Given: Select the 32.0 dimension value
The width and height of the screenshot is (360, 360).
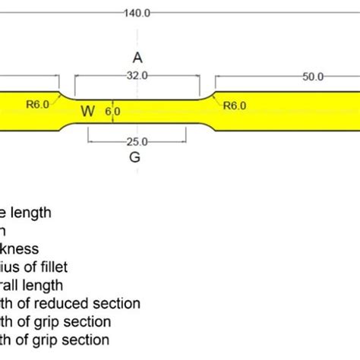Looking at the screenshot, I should coord(137,76).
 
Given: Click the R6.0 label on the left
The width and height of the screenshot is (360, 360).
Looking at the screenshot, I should coord(37,106).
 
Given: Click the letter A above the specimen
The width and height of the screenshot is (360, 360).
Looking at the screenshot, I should coord(137,57).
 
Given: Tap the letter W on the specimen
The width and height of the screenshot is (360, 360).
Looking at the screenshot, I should coord(88,111).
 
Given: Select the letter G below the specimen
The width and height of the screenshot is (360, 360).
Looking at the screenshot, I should coord(135,157).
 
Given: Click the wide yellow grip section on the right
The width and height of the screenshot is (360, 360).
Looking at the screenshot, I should coord(289,111).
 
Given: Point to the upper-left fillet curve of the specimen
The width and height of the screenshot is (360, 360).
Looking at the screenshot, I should coord(66,96).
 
